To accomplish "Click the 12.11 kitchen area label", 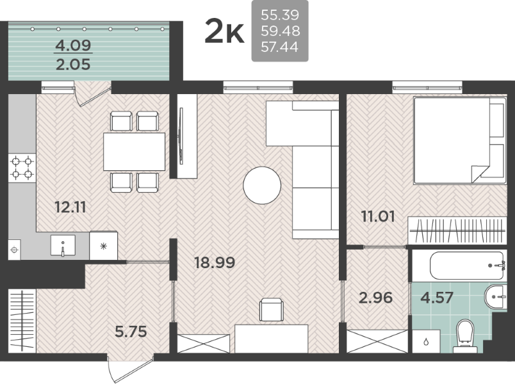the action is click(x=70, y=207).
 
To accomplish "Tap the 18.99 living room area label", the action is click(x=215, y=262).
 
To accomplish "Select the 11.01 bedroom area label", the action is click(x=378, y=216).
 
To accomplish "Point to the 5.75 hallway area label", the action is click(x=131, y=332).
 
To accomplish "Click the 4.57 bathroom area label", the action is click(x=437, y=298).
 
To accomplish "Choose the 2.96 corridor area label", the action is click(x=376, y=298).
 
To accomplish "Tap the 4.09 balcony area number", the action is click(x=73, y=45).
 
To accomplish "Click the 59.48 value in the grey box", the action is click(x=280, y=31).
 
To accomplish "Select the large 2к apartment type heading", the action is click(x=225, y=31).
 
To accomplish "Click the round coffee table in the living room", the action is click(x=262, y=185).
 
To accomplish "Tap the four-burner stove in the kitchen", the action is click(x=22, y=168).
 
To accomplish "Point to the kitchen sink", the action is click(x=63, y=246).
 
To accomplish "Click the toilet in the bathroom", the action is click(x=465, y=334).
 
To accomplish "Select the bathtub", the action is click(x=468, y=266).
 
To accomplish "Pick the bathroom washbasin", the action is click(x=496, y=297).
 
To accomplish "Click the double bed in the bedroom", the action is click(x=460, y=140).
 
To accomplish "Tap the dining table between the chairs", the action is click(x=135, y=152).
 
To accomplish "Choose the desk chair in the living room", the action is click(x=272, y=310).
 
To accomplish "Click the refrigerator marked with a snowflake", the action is click(x=104, y=246).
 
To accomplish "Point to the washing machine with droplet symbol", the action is click(x=426, y=342).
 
